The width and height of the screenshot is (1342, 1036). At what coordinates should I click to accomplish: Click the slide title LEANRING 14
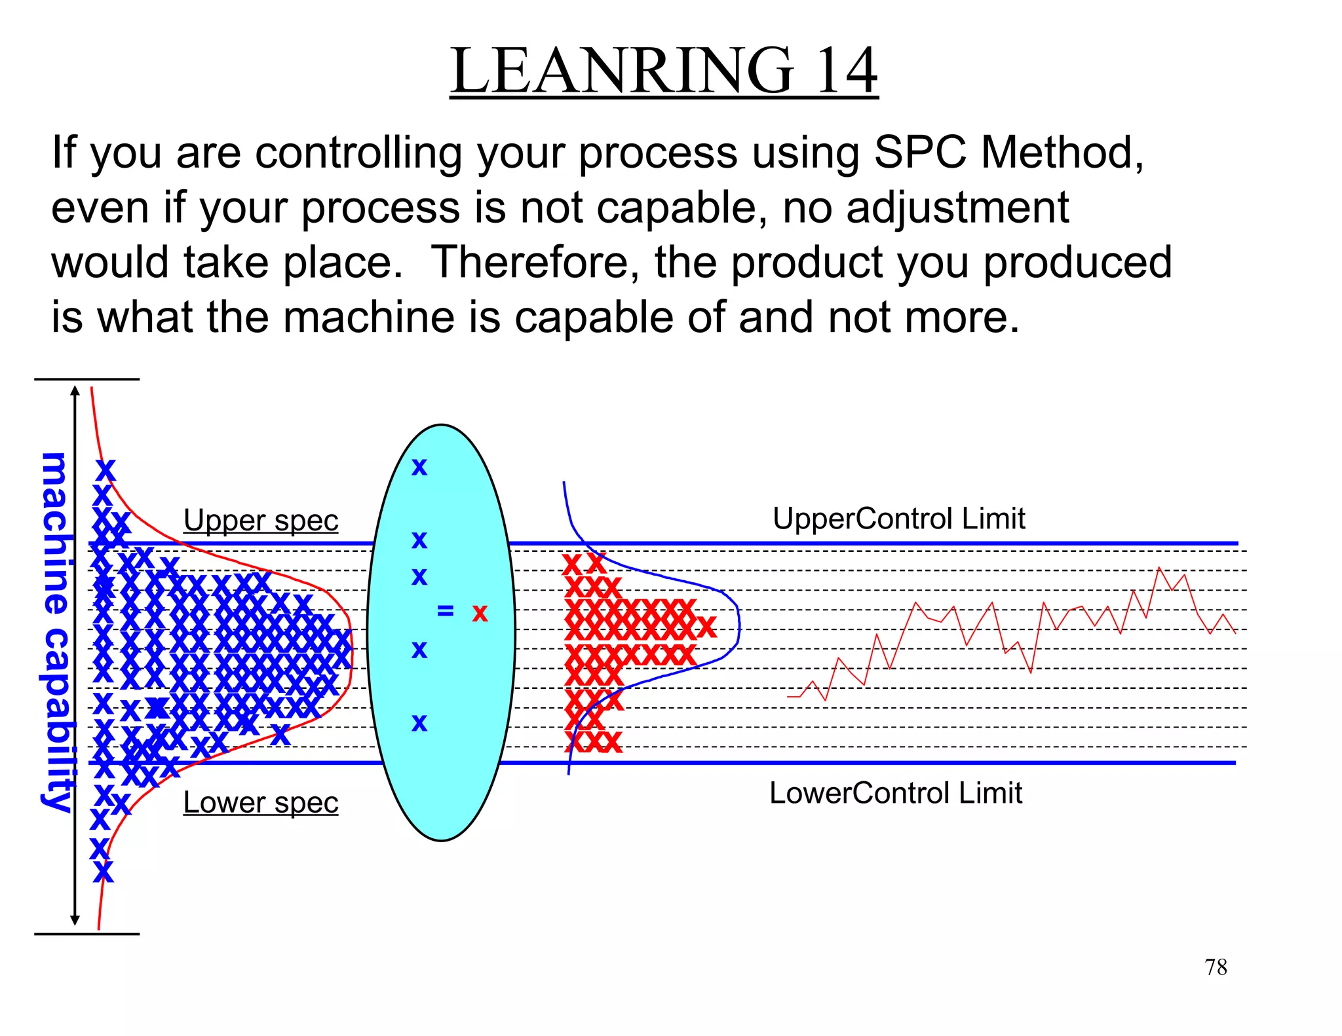click(x=663, y=71)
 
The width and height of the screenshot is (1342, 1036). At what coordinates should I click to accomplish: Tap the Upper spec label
click(x=261, y=521)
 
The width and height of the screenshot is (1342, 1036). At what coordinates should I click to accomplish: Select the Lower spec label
click(x=261, y=803)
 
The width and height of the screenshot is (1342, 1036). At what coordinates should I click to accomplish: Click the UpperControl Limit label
click(x=898, y=519)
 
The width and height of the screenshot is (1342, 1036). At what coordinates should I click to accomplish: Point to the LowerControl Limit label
click(x=895, y=793)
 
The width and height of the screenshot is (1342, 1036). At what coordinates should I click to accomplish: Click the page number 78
click(x=1216, y=967)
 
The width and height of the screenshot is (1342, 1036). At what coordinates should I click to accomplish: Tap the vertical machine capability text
click(x=56, y=632)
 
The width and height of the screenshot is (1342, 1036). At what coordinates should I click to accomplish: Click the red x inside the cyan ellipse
click(x=480, y=614)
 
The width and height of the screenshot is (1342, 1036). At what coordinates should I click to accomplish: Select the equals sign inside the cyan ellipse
click(x=445, y=611)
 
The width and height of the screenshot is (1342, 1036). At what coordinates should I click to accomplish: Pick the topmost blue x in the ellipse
click(x=419, y=468)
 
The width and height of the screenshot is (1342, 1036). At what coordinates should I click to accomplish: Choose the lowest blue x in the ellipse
click(x=419, y=723)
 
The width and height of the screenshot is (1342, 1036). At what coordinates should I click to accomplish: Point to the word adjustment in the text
click(x=957, y=208)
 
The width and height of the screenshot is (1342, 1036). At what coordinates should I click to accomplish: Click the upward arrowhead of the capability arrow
click(x=75, y=392)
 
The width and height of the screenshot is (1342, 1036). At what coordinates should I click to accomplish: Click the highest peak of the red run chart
click(x=1159, y=567)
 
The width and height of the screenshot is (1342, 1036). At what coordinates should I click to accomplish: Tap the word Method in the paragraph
click(x=1062, y=153)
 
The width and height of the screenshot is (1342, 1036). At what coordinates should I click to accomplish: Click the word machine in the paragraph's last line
click(x=368, y=317)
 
